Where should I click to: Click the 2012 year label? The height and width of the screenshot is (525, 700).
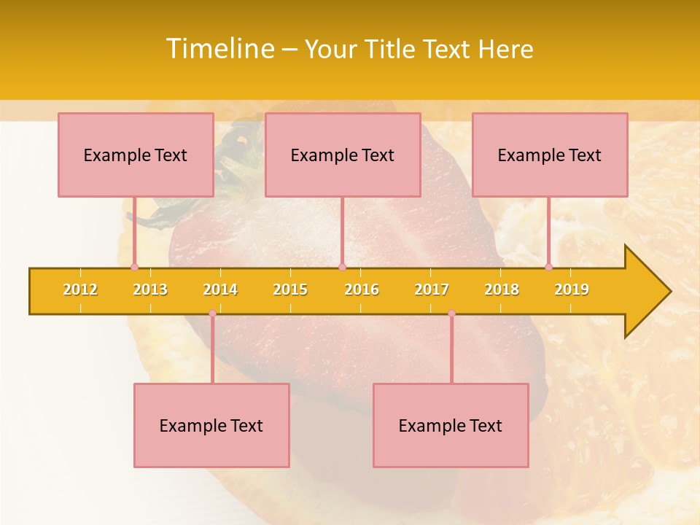(80, 289)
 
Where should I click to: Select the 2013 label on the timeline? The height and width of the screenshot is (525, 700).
(150, 289)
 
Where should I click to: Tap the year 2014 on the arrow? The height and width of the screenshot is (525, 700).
(220, 289)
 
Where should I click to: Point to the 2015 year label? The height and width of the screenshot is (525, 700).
(290, 289)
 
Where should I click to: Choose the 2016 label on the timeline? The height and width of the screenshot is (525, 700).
(362, 289)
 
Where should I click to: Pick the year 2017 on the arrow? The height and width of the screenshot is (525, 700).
(432, 289)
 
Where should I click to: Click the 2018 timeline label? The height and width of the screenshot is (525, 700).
(502, 289)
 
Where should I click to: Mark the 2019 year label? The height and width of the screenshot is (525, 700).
(572, 289)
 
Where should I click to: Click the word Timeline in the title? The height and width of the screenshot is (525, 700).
(219, 49)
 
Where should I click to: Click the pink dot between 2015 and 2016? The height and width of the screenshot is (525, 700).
(342, 267)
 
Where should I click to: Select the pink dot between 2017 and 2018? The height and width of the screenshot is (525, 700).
(451, 314)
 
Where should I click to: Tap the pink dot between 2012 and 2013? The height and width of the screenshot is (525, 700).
(134, 267)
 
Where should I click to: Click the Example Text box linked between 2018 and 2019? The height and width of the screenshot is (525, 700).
(550, 155)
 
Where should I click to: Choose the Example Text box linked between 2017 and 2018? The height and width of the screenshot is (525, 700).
(451, 425)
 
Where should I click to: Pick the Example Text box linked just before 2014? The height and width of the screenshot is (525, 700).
(211, 425)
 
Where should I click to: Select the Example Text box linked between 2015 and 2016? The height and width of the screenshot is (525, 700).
(343, 155)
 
